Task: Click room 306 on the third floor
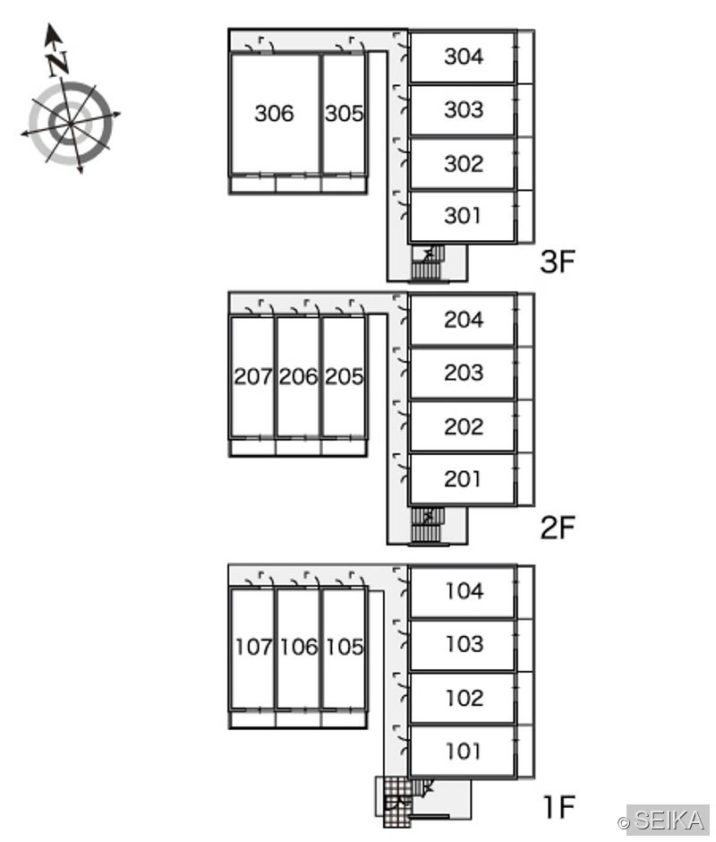[275, 113]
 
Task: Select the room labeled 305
[344, 113]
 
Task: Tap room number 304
[463, 56]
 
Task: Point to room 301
[463, 216]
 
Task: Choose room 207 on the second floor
[252, 376]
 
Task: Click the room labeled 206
[298, 376]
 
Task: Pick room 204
[463, 320]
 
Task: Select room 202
[463, 426]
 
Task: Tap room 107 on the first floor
[252, 647]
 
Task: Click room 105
[344, 647]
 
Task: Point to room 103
[463, 644]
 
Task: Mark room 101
[463, 751]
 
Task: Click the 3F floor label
[558, 262]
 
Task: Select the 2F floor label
[558, 527]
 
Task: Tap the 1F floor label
[558, 806]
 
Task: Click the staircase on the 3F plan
[428, 262]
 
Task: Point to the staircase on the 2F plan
[428, 525]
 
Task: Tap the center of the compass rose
[71, 124]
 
